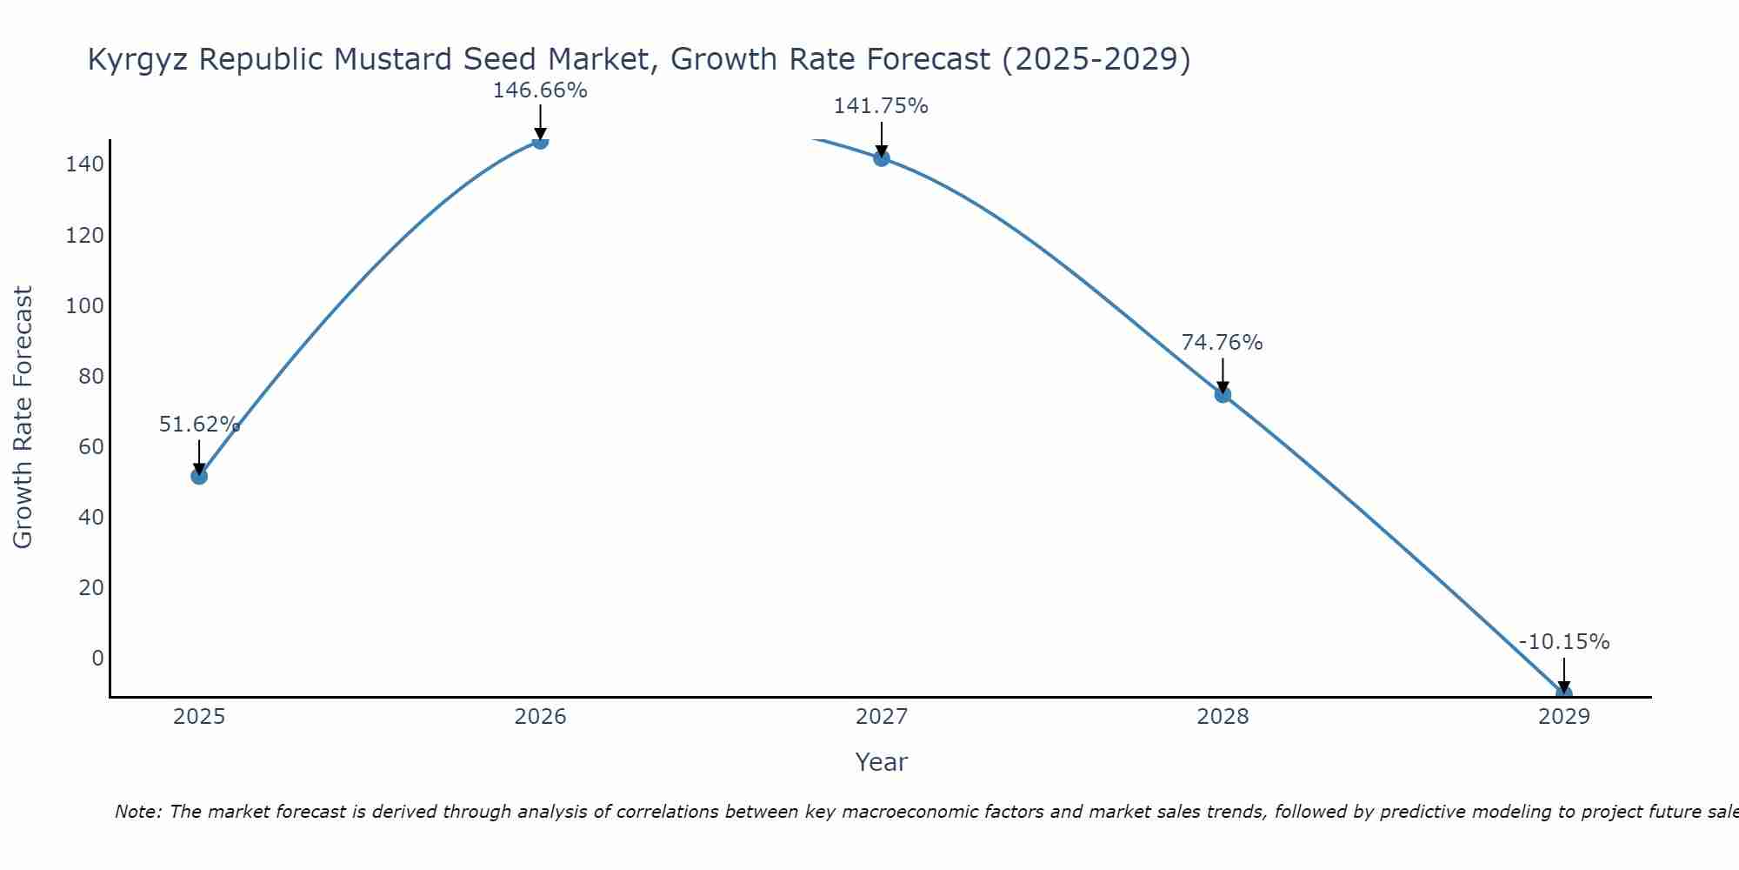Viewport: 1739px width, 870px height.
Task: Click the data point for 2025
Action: (x=199, y=476)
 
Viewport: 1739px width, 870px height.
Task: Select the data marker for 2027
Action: (x=882, y=158)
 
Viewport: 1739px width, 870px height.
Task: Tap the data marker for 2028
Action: (x=1223, y=395)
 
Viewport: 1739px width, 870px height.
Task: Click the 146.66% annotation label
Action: (x=540, y=90)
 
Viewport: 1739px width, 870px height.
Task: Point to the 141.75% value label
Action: (x=881, y=106)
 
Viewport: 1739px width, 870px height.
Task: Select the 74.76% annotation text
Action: (x=1222, y=343)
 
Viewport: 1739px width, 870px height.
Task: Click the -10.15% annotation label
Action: (x=1563, y=642)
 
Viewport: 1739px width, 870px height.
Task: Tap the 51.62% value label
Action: (x=199, y=425)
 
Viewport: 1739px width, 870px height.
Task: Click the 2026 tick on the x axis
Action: (x=540, y=717)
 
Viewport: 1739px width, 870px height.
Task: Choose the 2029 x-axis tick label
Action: (x=1563, y=717)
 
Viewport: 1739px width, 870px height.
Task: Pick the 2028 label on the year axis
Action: (x=1223, y=717)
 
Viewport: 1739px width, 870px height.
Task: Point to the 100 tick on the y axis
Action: (x=84, y=306)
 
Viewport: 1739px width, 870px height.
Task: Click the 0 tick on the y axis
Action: (x=97, y=658)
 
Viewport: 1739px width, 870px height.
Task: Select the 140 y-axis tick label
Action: (x=84, y=164)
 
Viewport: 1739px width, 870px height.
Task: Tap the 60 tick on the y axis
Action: (x=90, y=447)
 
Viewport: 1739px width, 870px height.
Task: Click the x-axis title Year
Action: (x=881, y=762)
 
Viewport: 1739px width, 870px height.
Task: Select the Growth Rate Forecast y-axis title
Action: (x=23, y=418)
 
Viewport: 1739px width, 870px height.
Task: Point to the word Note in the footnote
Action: (x=137, y=812)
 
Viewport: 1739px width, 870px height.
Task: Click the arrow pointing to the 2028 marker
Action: (x=1223, y=374)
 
